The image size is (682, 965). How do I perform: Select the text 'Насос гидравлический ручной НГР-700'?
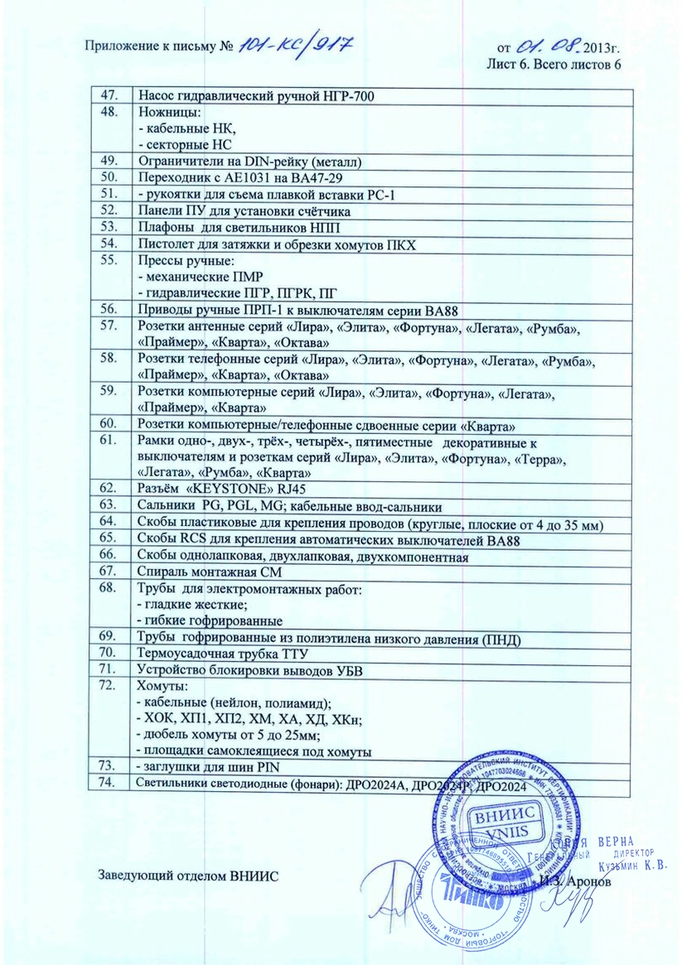click(256, 98)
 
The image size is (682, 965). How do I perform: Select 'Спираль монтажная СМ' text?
click(205, 572)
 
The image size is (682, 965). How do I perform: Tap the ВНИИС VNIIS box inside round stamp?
click(495, 823)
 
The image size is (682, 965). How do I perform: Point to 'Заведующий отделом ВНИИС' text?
click(190, 876)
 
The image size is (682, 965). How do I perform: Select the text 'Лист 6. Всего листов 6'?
click(554, 64)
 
